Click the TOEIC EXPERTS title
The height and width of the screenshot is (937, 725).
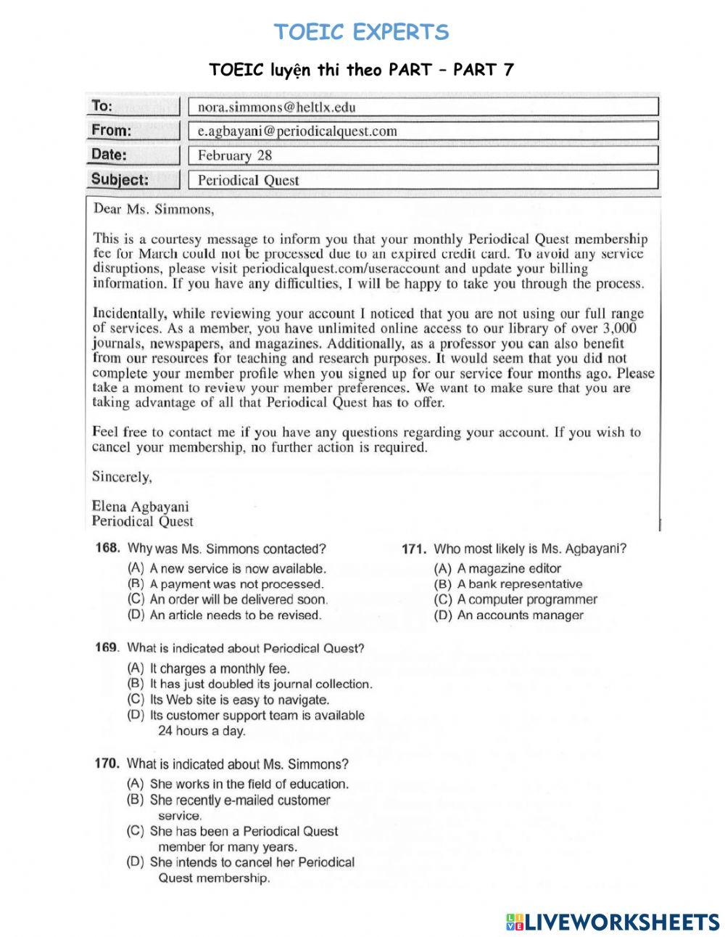(362, 32)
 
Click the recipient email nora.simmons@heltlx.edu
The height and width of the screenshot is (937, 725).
(276, 107)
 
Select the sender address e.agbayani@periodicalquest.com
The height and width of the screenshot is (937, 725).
(297, 131)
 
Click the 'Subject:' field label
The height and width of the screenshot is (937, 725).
(120, 179)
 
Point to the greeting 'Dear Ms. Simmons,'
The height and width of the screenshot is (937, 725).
(154, 210)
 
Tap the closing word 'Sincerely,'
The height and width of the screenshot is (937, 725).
(122, 477)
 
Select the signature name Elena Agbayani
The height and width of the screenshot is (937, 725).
(140, 507)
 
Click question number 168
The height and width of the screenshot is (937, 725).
(108, 549)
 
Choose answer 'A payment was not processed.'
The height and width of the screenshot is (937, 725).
(236, 584)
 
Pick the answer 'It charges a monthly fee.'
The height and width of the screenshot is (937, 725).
(219, 668)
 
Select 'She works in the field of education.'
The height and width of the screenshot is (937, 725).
(249, 784)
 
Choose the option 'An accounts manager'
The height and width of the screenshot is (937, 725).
(520, 615)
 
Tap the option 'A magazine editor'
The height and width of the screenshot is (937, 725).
(509, 569)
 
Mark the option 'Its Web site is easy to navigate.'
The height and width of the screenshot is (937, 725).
(239, 700)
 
